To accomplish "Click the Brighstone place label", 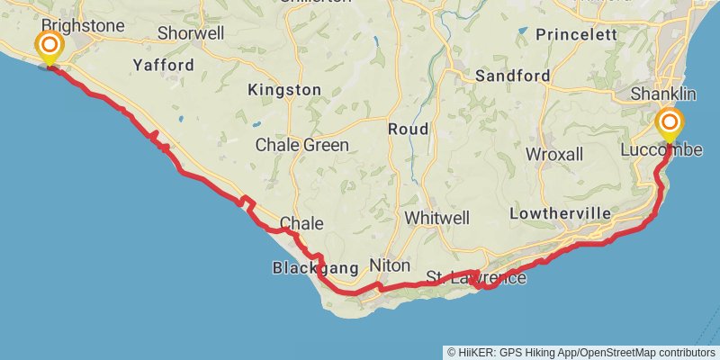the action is (82, 26).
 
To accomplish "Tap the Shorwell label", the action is (190, 32).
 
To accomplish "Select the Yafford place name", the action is (163, 65).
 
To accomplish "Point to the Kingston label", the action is (284, 90).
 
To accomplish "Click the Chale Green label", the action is (301, 144).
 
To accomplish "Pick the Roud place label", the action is (408, 130).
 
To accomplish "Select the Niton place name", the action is (390, 266).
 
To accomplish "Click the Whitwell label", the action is (437, 218).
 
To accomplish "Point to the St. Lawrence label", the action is (475, 276).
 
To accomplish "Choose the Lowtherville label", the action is (560, 213).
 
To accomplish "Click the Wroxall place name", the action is (554, 154).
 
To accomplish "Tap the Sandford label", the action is (512, 76).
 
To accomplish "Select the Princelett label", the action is (575, 34).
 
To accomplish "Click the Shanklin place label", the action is (663, 94).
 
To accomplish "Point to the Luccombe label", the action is (661, 149).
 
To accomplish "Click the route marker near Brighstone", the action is (49, 45).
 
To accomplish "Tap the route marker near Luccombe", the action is (669, 122).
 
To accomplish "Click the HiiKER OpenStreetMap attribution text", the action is (583, 352).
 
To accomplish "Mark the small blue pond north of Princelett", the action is (521, 31).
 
